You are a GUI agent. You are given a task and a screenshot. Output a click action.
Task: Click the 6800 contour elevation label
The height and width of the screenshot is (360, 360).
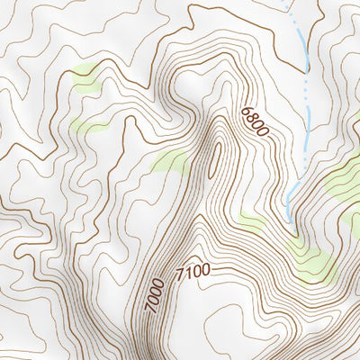point(255,122)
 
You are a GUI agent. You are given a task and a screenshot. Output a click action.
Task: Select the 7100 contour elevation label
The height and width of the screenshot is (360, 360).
point(193,271)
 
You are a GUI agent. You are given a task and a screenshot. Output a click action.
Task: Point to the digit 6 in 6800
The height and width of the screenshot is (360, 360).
point(245,112)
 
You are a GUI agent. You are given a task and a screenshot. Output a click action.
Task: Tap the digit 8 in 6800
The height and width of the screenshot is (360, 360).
point(251,118)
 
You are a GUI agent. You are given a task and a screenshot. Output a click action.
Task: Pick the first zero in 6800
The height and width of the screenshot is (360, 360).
point(257,126)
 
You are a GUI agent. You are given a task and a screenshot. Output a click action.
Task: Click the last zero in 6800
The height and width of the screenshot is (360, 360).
point(264,133)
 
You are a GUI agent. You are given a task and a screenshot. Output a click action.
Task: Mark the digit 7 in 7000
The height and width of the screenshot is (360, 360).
point(150,309)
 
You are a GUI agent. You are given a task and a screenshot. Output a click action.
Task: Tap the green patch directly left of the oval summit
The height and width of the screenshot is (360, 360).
point(171,162)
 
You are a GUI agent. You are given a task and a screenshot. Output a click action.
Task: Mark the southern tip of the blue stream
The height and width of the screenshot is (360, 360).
point(288,219)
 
